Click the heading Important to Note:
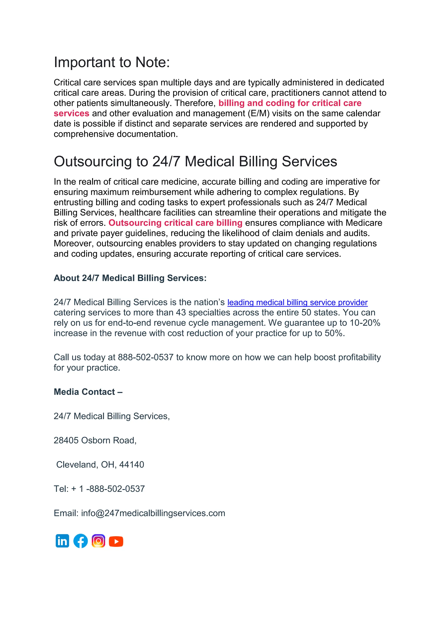click(112, 62)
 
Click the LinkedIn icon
click(62, 541)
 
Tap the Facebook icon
click(80, 541)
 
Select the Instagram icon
click(98, 541)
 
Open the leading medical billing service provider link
click(297, 303)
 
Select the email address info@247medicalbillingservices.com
click(153, 513)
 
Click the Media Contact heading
click(88, 392)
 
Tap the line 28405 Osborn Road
click(95, 440)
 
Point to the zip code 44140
click(132, 465)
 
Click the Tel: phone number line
click(99, 489)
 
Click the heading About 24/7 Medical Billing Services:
click(130, 278)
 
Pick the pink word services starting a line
click(71, 113)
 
